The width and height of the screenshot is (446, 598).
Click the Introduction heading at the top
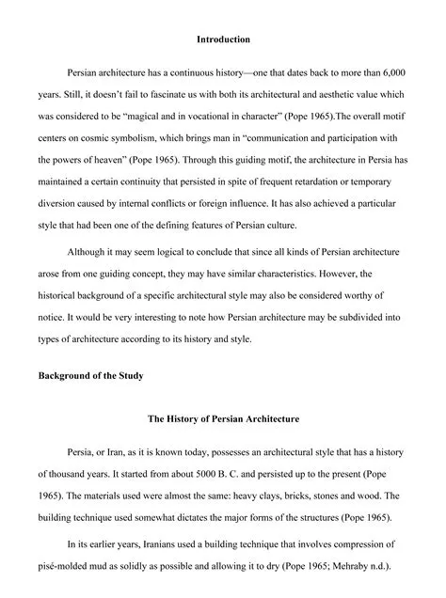pos(223,39)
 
